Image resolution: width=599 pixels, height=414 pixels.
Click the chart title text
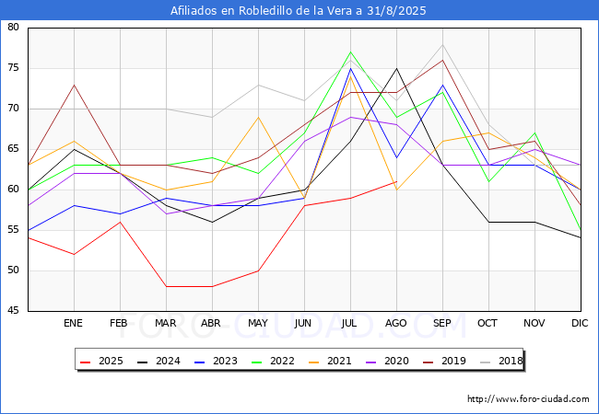point(298,10)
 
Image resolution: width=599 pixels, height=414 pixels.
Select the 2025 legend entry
point(101,361)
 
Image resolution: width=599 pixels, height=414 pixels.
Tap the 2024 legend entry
point(159,361)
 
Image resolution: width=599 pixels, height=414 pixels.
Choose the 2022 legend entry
point(273,361)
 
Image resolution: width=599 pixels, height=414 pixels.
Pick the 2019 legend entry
point(444,361)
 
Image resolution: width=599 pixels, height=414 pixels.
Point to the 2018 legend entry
point(501,361)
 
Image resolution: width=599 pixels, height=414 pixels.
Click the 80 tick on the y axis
point(13,27)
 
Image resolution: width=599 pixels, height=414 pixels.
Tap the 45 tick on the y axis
point(13,311)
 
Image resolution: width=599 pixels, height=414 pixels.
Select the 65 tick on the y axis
point(13,149)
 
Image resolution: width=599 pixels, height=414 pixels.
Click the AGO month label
point(395,323)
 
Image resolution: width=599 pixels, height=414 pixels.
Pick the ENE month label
point(73,323)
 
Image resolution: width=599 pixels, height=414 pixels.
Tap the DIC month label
point(580,323)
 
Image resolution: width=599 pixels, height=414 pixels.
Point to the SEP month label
point(442,323)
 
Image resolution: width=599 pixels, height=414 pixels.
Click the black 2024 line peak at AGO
point(396,69)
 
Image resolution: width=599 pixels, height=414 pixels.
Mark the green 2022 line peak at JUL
point(351,52)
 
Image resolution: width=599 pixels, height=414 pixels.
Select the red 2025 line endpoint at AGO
point(396,181)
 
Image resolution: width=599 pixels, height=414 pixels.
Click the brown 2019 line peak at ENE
point(74,85)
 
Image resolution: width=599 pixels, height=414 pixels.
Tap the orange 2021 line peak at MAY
point(259,117)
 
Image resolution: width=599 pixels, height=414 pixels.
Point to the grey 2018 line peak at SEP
point(442,44)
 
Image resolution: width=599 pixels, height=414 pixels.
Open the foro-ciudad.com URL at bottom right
point(528,399)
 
